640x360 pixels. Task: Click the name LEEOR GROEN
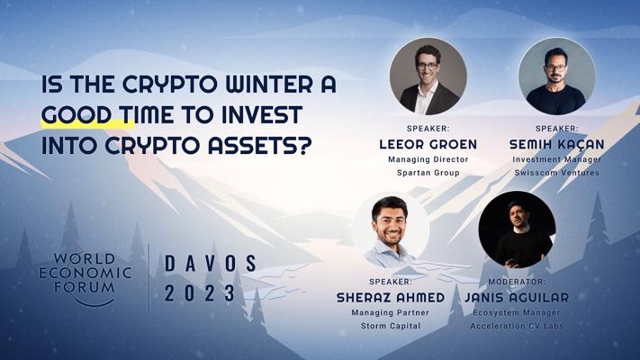428,144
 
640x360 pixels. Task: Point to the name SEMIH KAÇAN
556,144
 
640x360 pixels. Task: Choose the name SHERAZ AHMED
391,298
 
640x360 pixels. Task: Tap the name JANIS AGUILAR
517,298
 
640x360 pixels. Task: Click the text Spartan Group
428,173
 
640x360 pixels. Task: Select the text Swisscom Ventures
556,173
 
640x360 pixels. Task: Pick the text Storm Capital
391,326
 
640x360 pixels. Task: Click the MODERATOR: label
517,282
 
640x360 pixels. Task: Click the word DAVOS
211,264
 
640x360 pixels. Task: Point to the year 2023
200,293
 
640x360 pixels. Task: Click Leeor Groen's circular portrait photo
428,76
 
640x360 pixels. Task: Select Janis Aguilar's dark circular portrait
517,229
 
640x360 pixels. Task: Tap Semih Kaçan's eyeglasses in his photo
555,68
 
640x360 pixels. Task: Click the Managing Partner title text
390,312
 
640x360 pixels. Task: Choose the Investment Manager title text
556,159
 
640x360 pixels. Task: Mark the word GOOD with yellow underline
77,114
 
